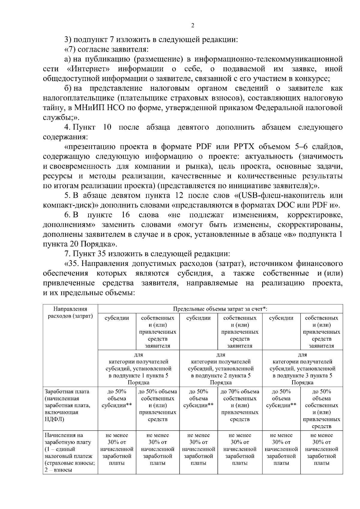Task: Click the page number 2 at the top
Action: click(x=192, y=26)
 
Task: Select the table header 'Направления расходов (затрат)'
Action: click(x=70, y=312)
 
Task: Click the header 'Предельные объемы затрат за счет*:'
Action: click(x=220, y=309)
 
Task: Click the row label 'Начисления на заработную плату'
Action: click(x=64, y=438)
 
